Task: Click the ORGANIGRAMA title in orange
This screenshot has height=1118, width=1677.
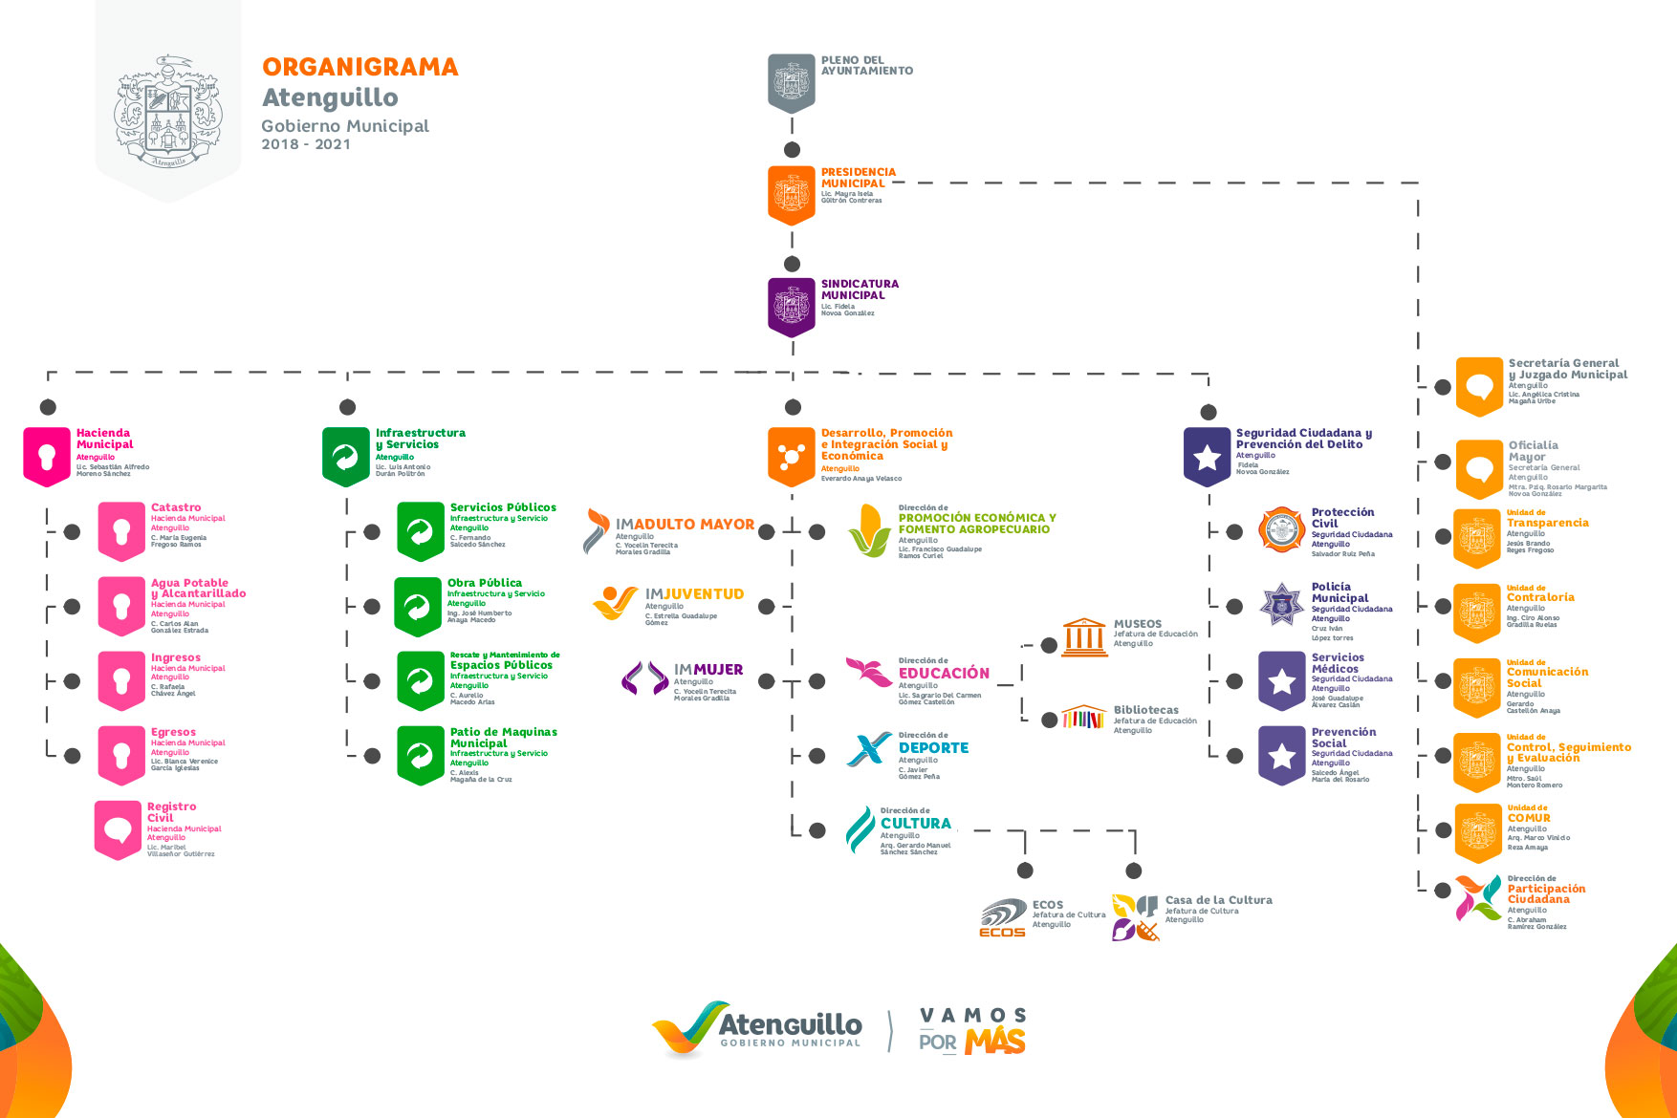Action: (x=359, y=67)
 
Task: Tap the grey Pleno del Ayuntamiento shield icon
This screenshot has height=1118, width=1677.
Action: (x=791, y=82)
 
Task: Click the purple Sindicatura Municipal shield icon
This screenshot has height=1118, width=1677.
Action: (x=791, y=307)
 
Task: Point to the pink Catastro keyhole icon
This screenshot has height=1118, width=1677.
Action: (x=121, y=530)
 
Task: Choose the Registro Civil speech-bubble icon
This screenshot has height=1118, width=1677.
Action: (x=118, y=829)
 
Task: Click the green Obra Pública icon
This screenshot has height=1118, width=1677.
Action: (x=418, y=606)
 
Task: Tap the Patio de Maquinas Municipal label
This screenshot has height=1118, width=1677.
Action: (x=503, y=738)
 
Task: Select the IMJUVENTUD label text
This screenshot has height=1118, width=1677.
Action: (x=694, y=594)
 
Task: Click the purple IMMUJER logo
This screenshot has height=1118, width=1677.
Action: (x=644, y=678)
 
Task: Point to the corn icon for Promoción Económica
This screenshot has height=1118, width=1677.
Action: (x=870, y=530)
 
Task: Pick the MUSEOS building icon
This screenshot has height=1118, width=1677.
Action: (x=1084, y=636)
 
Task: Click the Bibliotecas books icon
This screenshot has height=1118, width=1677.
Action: (x=1083, y=717)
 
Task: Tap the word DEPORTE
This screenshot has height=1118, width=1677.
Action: (x=933, y=748)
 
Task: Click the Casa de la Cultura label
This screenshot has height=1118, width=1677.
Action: (x=1218, y=900)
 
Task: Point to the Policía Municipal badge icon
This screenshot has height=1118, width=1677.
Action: (x=1281, y=604)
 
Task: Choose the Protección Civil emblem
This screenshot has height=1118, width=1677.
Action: (x=1281, y=529)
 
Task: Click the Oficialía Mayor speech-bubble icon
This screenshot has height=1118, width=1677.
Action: (x=1479, y=468)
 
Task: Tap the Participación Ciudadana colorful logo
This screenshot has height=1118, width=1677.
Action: (x=1477, y=898)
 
